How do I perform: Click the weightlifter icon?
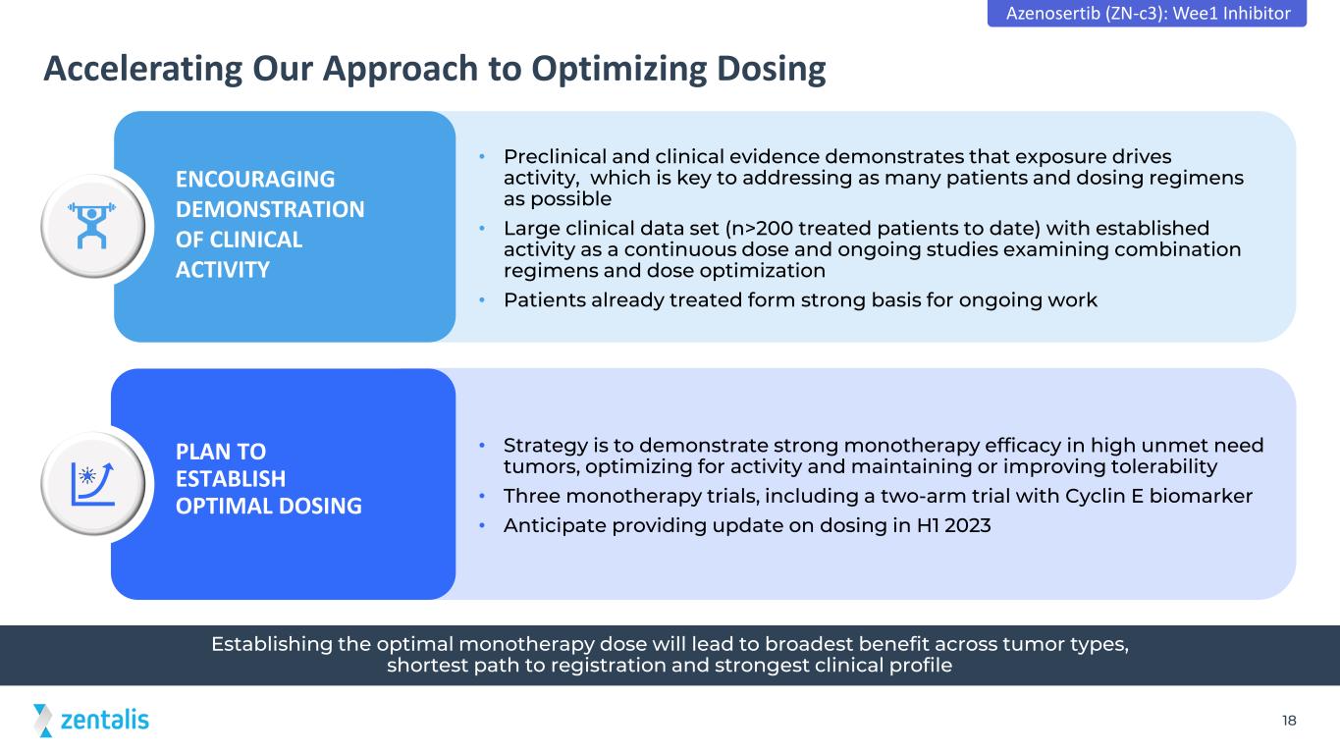coord(91,226)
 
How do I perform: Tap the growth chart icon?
coord(92,483)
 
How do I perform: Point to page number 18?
coord(1289,721)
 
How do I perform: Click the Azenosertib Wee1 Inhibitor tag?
coord(1147,13)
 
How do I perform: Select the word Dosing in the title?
coord(771,69)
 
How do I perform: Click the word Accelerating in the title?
coord(143,69)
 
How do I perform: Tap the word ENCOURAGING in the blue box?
coord(255,179)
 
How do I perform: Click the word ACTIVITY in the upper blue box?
coord(223,270)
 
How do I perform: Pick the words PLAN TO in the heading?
coord(221,452)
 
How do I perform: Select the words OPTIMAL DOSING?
coord(269,506)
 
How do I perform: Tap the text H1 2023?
coord(953,525)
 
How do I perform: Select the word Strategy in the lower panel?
coord(546,446)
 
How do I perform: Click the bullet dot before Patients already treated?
coord(482,299)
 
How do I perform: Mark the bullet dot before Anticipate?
coord(482,526)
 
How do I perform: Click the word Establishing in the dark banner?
coord(272,644)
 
